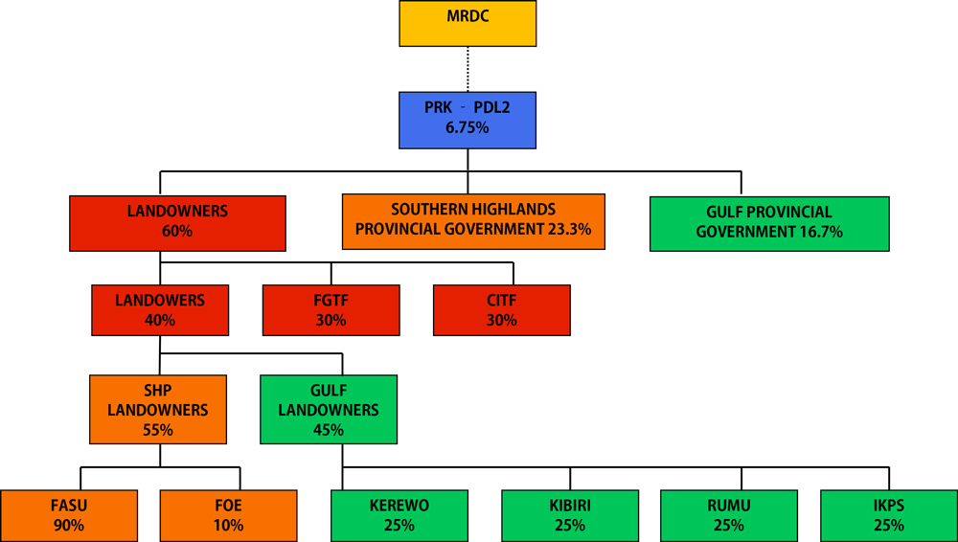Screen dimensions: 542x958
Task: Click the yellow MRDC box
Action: click(x=468, y=24)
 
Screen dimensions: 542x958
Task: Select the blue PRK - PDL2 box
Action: click(x=468, y=118)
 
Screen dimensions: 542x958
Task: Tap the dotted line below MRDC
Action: click(x=468, y=68)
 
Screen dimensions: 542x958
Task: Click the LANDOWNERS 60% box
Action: click(x=177, y=222)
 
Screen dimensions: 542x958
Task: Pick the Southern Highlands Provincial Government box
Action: click(x=473, y=221)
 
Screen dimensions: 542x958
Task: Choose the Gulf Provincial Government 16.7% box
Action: click(x=769, y=223)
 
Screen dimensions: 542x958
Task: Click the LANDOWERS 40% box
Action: click(x=160, y=310)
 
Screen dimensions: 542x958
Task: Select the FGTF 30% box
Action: click(x=331, y=310)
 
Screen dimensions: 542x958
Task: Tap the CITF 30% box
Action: click(x=501, y=310)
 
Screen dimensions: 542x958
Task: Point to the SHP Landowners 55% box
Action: click(x=159, y=410)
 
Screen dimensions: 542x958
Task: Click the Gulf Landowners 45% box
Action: click(x=329, y=410)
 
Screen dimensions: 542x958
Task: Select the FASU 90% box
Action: click(x=69, y=515)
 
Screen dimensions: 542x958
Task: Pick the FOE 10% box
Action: click(x=228, y=515)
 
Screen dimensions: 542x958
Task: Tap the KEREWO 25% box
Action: click(x=399, y=515)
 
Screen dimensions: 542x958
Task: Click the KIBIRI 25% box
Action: click(x=570, y=515)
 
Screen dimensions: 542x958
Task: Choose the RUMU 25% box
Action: click(x=729, y=515)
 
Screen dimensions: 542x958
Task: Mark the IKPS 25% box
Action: click(x=889, y=515)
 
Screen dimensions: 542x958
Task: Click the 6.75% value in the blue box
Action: click(x=468, y=127)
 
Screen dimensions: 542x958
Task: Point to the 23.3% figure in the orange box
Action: click(x=568, y=230)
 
